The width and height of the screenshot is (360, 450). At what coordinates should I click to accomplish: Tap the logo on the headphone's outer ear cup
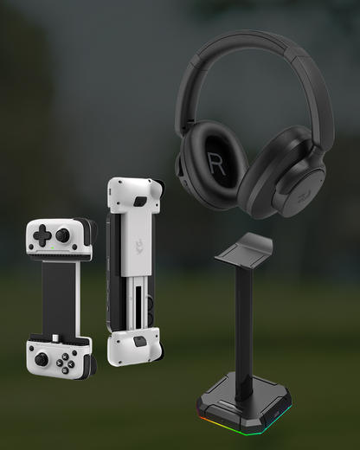pos(303,199)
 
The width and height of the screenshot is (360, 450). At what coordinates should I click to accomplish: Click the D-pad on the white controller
pos(42,234)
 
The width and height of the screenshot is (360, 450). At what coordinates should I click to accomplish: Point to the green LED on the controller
pos(52,247)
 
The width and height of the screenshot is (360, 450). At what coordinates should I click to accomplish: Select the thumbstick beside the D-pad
pos(62,235)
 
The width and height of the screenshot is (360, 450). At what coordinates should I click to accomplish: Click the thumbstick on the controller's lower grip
pos(42,359)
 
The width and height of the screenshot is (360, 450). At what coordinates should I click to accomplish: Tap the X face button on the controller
pos(65,357)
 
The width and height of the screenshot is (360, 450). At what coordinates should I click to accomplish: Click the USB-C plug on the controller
pos(55,337)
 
